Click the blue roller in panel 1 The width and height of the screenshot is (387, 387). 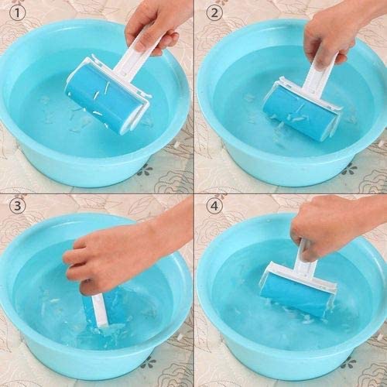(101, 97)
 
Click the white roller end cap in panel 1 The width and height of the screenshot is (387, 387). (139, 108)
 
